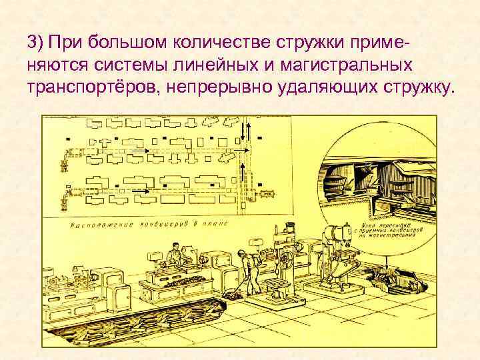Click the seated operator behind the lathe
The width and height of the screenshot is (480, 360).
[x=173, y=254]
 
